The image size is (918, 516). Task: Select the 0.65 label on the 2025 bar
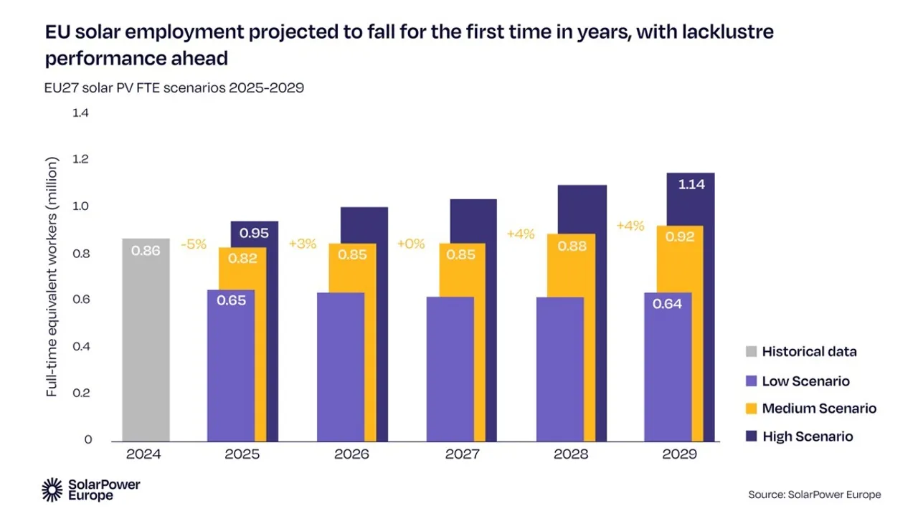[x=231, y=300]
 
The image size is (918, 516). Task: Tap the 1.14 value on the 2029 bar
[x=691, y=184]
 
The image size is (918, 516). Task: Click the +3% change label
[x=302, y=244]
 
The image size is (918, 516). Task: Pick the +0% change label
[x=411, y=244]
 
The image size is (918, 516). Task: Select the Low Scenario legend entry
[x=805, y=381]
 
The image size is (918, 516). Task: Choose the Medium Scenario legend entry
[x=818, y=408]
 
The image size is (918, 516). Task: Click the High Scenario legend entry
[x=807, y=436]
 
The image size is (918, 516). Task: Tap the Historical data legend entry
[x=808, y=352]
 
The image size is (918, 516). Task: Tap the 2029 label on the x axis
[x=679, y=455]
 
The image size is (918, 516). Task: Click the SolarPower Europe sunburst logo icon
[x=52, y=489]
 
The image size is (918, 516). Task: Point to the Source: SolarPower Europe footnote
[x=814, y=494]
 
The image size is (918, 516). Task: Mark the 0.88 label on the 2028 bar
[x=571, y=247]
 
